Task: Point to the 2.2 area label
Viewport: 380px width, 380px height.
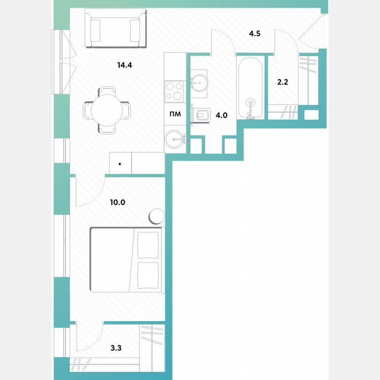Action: pos(282,82)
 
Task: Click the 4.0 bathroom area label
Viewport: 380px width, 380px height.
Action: pos(221,116)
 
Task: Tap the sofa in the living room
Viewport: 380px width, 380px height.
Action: pos(116,30)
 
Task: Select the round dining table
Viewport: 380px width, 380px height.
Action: pos(107,110)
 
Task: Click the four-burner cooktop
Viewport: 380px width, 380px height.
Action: pos(175,91)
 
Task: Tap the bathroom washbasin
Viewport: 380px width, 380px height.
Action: pos(200,82)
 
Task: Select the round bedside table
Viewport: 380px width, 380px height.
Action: pos(157,217)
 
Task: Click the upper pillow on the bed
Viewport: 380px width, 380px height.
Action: pos(148,245)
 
